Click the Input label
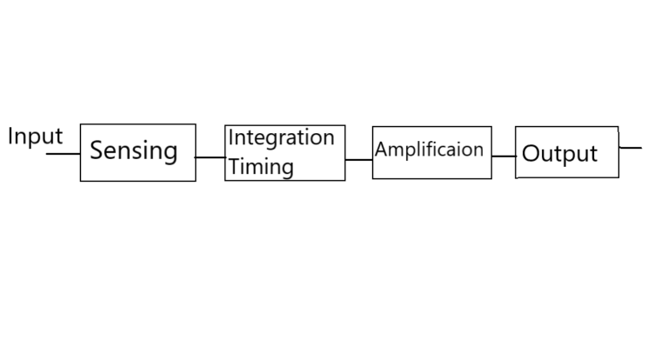click(36, 137)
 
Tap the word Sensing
click(134, 150)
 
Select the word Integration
click(281, 138)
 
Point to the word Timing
click(261, 167)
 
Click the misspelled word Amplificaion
click(429, 150)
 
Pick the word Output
click(559, 154)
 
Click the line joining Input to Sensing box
click(63, 153)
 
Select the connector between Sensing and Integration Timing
click(210, 157)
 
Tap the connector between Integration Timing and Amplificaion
click(358, 160)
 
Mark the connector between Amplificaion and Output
click(504, 157)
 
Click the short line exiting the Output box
click(630, 148)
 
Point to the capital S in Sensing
click(97, 150)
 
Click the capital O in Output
click(531, 153)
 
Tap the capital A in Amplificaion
click(382, 150)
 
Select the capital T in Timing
click(235, 166)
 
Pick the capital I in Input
click(10, 137)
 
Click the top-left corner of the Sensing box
click(81, 124)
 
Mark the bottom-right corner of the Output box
click(618, 177)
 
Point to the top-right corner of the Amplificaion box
click(491, 127)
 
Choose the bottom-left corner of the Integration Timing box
click(225, 180)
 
